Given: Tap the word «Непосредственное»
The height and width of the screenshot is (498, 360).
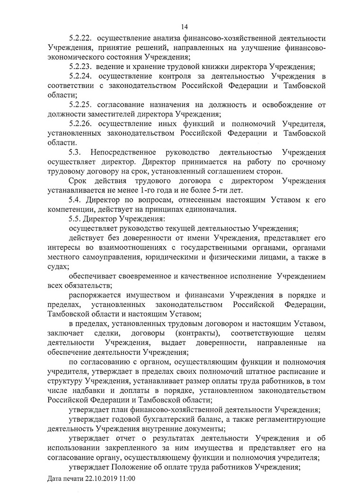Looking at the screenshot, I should pyautogui.click(x=127, y=152).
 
